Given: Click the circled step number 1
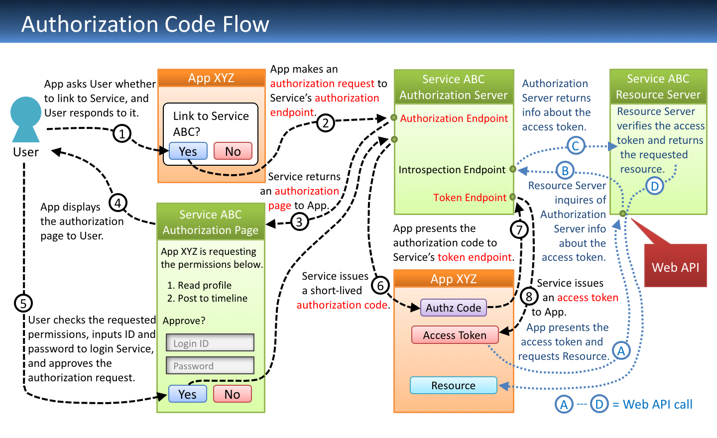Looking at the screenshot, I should click(122, 133).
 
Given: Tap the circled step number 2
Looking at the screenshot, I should click(325, 122).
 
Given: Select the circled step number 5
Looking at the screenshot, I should click(23, 303).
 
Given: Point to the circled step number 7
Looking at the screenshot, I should click(519, 229).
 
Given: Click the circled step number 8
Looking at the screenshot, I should click(529, 297).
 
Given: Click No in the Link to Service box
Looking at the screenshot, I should click(233, 151).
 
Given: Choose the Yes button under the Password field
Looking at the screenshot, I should click(187, 394).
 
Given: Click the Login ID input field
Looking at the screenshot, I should click(210, 343).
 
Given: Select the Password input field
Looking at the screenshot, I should click(210, 365).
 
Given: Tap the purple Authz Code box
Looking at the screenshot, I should click(453, 308).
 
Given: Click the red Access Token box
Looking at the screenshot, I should click(455, 335).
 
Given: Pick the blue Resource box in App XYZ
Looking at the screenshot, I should click(453, 385).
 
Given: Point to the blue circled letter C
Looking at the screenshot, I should click(575, 146).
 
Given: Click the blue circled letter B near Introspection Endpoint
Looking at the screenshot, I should click(565, 171).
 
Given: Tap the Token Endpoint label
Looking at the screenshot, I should click(470, 198).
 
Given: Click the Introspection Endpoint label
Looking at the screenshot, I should click(452, 170).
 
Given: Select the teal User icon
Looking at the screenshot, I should click(25, 119).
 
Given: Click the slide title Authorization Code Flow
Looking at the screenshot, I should click(145, 24).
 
